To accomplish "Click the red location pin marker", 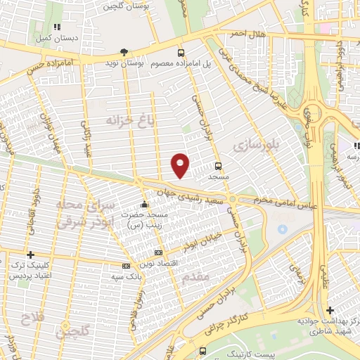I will coord(181,165).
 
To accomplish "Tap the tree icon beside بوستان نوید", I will coord(124,52).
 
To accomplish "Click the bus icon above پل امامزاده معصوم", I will coord(181,53).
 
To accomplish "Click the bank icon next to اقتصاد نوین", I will coord(158,252).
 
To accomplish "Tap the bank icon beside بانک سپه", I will coord(126,266).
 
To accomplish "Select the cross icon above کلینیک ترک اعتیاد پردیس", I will coord(30,255).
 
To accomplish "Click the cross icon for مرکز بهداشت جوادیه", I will coord(330,310).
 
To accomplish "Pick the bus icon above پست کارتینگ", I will coord(203,350).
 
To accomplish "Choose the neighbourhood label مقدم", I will coord(195,277).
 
